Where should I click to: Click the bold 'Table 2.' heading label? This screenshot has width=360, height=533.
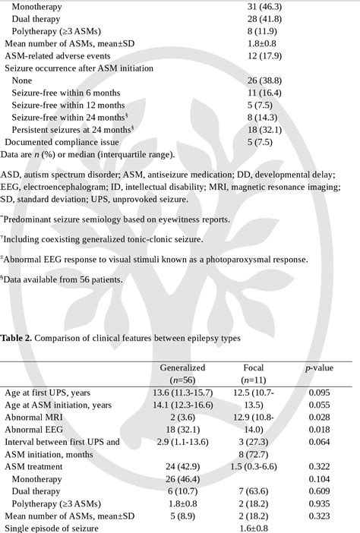[x=16, y=339]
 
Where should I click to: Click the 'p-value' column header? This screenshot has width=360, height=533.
[x=320, y=367]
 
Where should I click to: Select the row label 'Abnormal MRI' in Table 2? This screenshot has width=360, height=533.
[x=34, y=417]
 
